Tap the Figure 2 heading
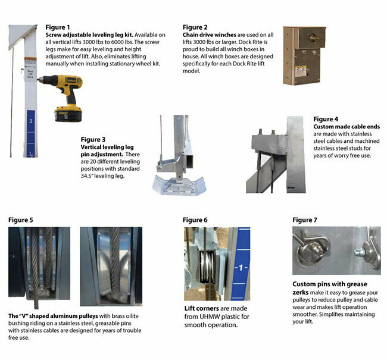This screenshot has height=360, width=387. pyautogui.click(x=195, y=27)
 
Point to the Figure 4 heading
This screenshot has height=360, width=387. pyautogui.click(x=326, y=119)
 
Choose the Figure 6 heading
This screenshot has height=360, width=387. pyautogui.click(x=195, y=220)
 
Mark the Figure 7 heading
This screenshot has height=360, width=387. pyautogui.click(x=305, y=220)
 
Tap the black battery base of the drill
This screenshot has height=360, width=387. pyautogui.click(x=68, y=113)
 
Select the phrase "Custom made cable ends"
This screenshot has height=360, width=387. pyautogui.click(x=342, y=127)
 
